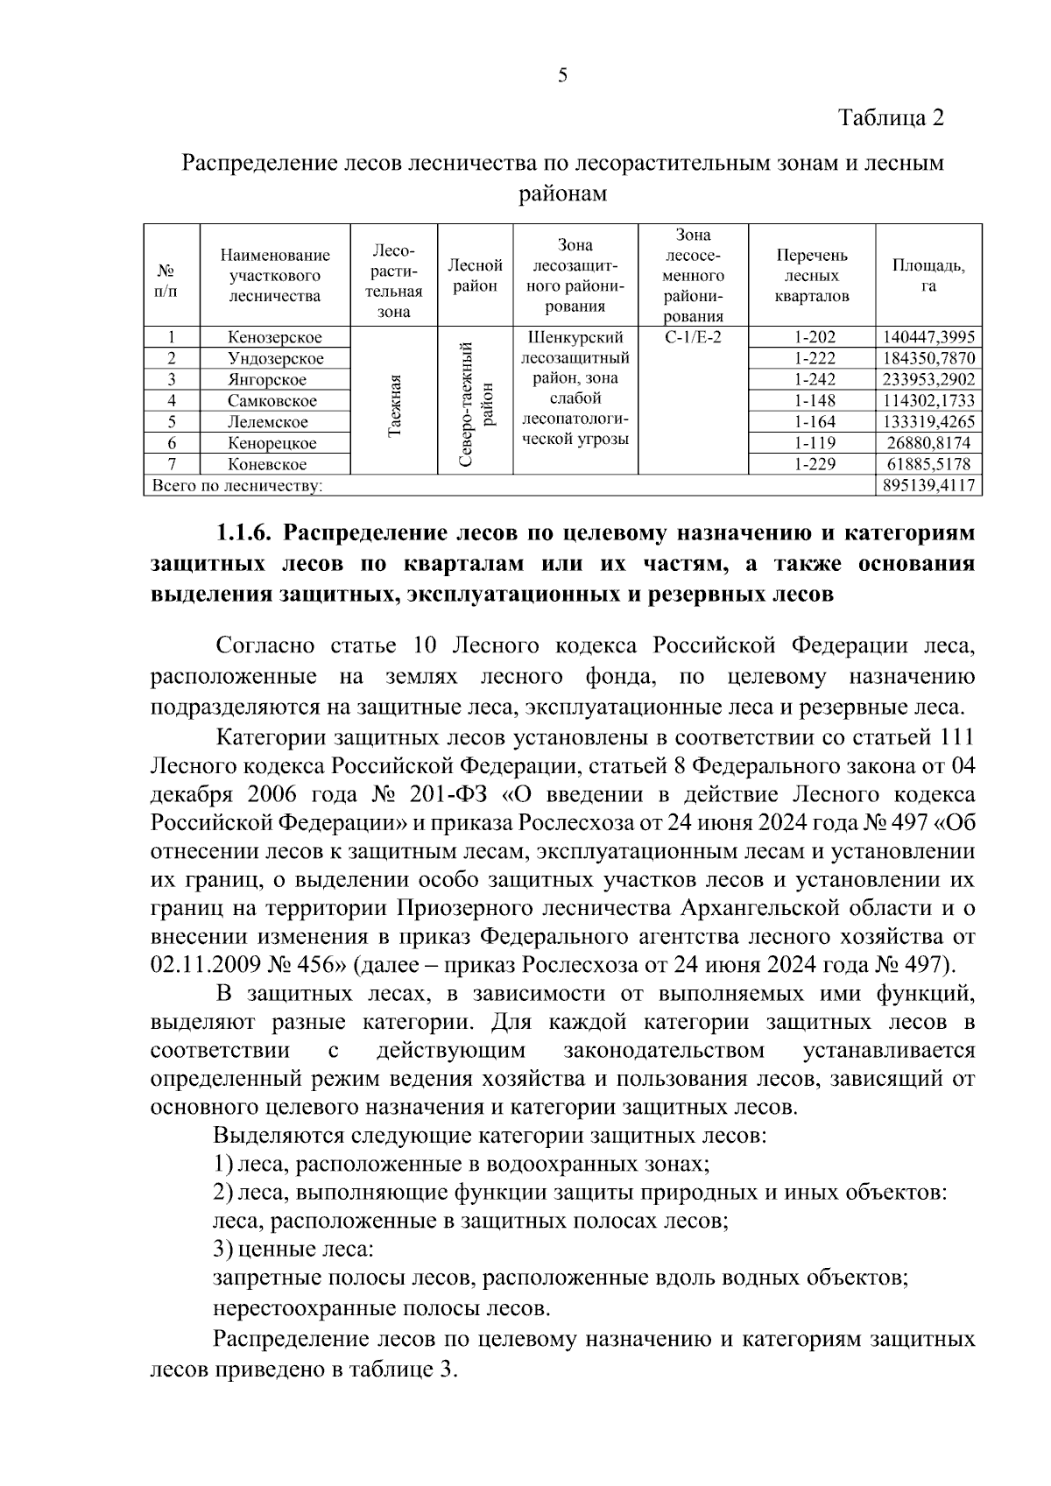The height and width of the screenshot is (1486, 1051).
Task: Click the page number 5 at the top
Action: tap(563, 75)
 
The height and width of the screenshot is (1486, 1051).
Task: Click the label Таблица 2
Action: tap(892, 117)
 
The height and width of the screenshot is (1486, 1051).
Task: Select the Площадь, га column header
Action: tap(928, 276)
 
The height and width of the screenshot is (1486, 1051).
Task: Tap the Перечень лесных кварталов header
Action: tap(812, 276)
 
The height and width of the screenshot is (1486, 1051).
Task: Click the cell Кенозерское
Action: tap(275, 338)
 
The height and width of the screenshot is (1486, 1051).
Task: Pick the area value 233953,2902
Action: tap(928, 380)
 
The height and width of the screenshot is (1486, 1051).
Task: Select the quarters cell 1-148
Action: tap(815, 401)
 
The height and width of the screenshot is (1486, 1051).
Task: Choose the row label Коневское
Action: tap(267, 465)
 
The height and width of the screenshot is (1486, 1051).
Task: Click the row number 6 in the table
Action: tap(172, 444)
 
